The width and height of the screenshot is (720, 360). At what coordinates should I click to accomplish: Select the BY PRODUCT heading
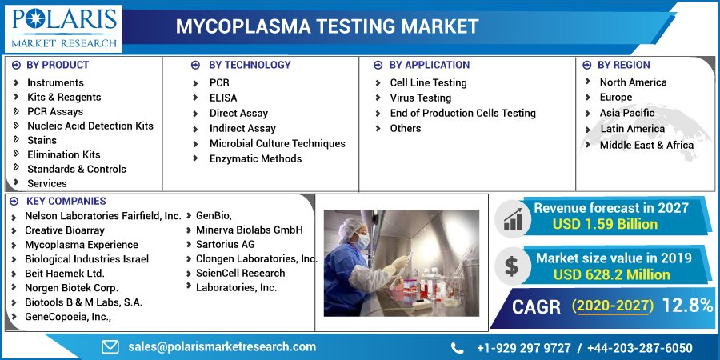coord(58,65)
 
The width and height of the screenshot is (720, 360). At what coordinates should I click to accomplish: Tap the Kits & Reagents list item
coord(64,97)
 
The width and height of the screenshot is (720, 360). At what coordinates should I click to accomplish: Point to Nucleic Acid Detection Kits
coord(90,126)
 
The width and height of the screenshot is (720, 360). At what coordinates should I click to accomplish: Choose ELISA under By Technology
coord(224,98)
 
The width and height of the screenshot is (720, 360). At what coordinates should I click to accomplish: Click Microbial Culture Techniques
coord(277,143)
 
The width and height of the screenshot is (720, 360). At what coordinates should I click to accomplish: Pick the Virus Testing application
coord(420,98)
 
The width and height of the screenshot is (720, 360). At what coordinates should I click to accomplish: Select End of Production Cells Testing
coord(462,113)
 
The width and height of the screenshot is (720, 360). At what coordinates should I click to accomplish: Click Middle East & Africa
coord(646,145)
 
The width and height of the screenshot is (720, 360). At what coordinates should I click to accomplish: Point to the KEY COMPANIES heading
coord(66,201)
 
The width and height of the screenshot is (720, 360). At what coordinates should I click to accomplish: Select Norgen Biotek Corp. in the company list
coord(71,287)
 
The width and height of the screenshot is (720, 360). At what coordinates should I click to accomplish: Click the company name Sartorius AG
coord(225,244)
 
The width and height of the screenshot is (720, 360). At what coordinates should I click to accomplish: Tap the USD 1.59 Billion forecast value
coord(605,224)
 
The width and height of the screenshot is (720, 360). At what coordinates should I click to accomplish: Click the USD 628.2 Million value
coord(612,274)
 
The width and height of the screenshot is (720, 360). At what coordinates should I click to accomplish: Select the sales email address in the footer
coord(222,346)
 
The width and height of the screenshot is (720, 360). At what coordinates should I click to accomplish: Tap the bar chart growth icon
coord(512,217)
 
